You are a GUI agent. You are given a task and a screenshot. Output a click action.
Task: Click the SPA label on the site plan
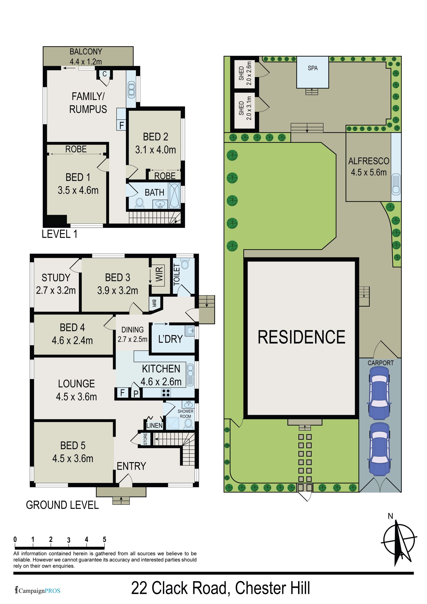[313, 68]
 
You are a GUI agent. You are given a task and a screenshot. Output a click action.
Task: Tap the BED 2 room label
[156, 137]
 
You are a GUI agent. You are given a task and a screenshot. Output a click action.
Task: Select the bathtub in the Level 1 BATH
[174, 196]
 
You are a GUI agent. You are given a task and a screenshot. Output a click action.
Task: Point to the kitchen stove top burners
[166, 393]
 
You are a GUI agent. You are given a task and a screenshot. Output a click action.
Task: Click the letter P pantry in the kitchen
[136, 394]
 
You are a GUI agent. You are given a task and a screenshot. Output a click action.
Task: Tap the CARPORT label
[380, 363]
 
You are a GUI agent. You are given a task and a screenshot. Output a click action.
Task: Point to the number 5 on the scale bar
[105, 539]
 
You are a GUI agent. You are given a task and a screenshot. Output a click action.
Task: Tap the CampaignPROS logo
[38, 591]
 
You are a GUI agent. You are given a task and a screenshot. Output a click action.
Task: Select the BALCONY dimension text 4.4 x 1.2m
[86, 61]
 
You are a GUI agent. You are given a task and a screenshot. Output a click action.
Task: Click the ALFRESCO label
[369, 161]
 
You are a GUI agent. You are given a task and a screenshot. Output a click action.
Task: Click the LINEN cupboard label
[154, 425]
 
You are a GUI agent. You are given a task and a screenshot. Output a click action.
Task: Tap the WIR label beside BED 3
[159, 274]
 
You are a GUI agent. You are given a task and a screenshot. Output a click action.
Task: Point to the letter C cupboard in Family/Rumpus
[105, 74]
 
